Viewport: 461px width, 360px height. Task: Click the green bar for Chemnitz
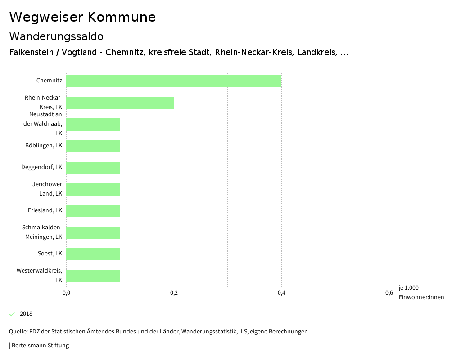tap(174, 81)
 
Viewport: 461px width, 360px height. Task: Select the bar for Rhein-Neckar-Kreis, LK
tap(120, 103)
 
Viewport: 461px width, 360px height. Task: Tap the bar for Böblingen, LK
tap(93, 146)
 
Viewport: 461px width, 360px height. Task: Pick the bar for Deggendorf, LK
tap(93, 168)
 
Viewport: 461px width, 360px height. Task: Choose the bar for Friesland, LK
tap(93, 211)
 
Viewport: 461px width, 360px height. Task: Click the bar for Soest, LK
tap(93, 254)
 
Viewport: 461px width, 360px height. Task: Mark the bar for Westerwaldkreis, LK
tap(93, 276)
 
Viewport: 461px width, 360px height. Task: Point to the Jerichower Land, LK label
tap(47, 189)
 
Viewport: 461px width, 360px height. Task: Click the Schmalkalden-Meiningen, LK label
tap(42, 232)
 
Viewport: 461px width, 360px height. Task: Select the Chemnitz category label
tap(49, 81)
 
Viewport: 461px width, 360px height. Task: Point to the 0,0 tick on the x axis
tap(66, 293)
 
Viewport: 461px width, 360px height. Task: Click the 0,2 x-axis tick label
tap(174, 293)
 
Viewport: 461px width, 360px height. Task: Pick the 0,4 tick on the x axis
tap(281, 293)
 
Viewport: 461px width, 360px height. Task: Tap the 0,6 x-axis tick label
tap(389, 293)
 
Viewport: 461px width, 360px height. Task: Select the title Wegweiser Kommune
tap(82, 17)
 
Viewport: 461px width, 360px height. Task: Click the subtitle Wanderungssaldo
tap(56, 36)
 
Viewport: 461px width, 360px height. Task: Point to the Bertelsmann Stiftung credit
tap(40, 346)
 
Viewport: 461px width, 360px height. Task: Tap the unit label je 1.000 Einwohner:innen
tap(421, 292)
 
